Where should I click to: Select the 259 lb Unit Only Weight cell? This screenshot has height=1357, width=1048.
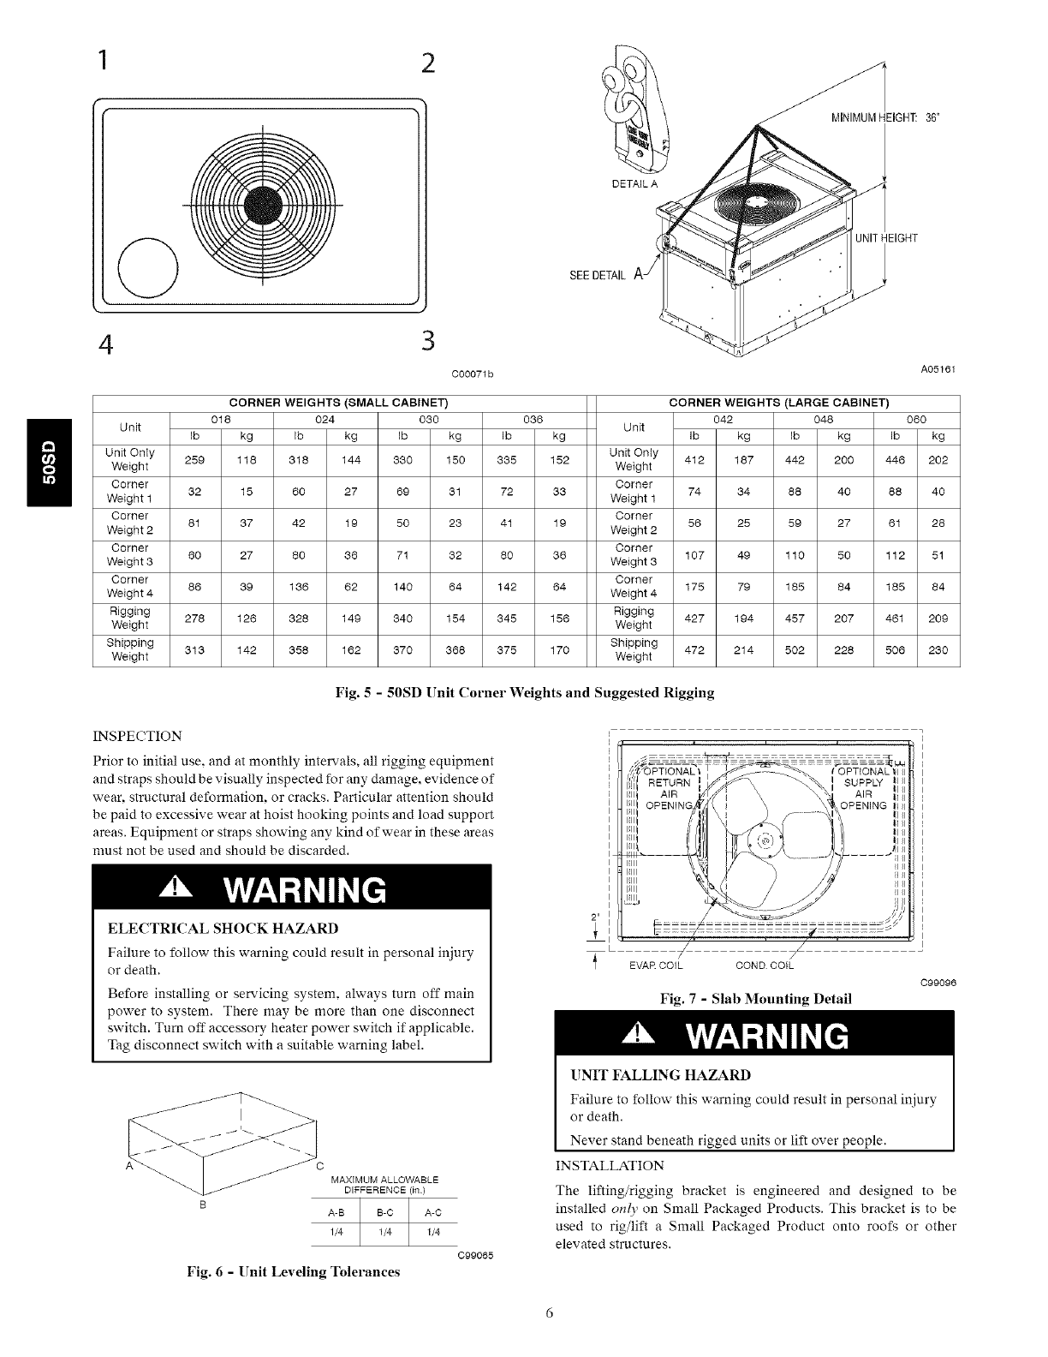coord(194,459)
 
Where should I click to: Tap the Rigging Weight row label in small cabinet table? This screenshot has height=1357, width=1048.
coord(130,618)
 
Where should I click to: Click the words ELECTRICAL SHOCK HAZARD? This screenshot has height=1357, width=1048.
coord(223,929)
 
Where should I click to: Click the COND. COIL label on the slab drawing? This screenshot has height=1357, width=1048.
coord(765,967)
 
